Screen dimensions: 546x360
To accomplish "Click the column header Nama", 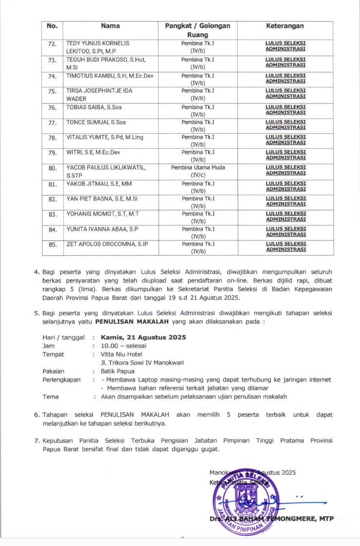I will (110, 26).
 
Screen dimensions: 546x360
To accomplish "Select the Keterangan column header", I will (285, 26).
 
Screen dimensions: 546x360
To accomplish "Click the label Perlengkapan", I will (61, 379).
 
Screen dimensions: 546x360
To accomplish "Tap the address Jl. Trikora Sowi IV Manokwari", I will (142, 363).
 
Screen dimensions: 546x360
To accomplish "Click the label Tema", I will (50, 396).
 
